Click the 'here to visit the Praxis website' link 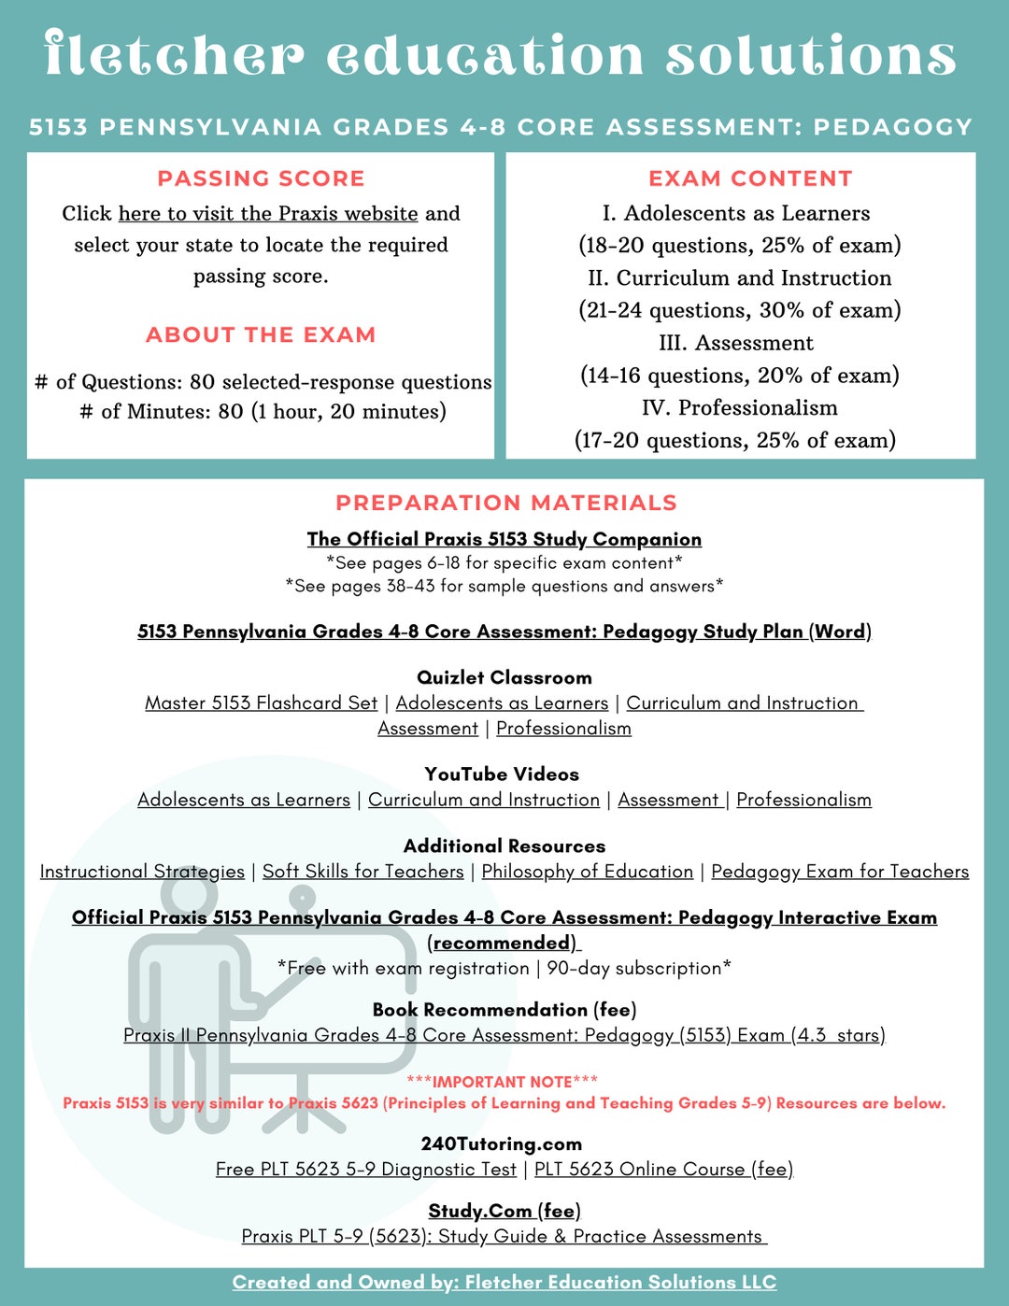[x=267, y=214]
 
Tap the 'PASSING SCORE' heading [x=261, y=178]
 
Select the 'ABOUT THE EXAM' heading [x=261, y=334]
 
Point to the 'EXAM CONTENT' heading [x=750, y=178]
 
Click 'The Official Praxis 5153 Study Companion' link [x=504, y=539]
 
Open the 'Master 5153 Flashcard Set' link [x=261, y=703]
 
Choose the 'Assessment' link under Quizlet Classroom [x=428, y=729]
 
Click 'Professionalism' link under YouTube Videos [x=803, y=801]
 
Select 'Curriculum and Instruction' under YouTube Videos [x=484, y=801]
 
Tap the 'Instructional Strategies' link [x=142, y=872]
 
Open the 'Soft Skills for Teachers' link [x=362, y=872]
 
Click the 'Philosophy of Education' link [x=588, y=872]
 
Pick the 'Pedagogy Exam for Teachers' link [x=840, y=872]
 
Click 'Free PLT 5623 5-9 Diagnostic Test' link [x=365, y=1170]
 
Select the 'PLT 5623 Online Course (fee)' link [x=663, y=1170]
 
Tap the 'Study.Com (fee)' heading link [x=504, y=1211]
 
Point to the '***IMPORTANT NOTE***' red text [x=502, y=1082]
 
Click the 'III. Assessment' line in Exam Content [x=736, y=343]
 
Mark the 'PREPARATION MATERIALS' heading [x=505, y=503]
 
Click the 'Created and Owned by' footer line [x=504, y=1283]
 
